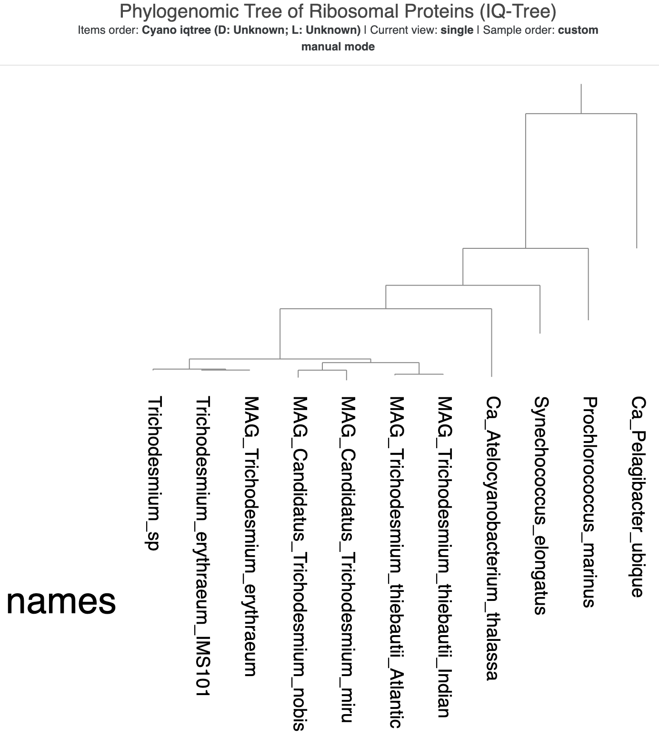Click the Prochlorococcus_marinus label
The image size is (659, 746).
pos(589,502)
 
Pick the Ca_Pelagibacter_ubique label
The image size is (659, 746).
pos(638,497)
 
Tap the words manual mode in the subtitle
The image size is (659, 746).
pos(338,47)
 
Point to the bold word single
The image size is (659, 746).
pos(457,30)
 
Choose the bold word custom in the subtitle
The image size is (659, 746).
pos(578,30)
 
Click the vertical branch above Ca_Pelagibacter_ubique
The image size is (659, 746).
pos(637,181)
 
